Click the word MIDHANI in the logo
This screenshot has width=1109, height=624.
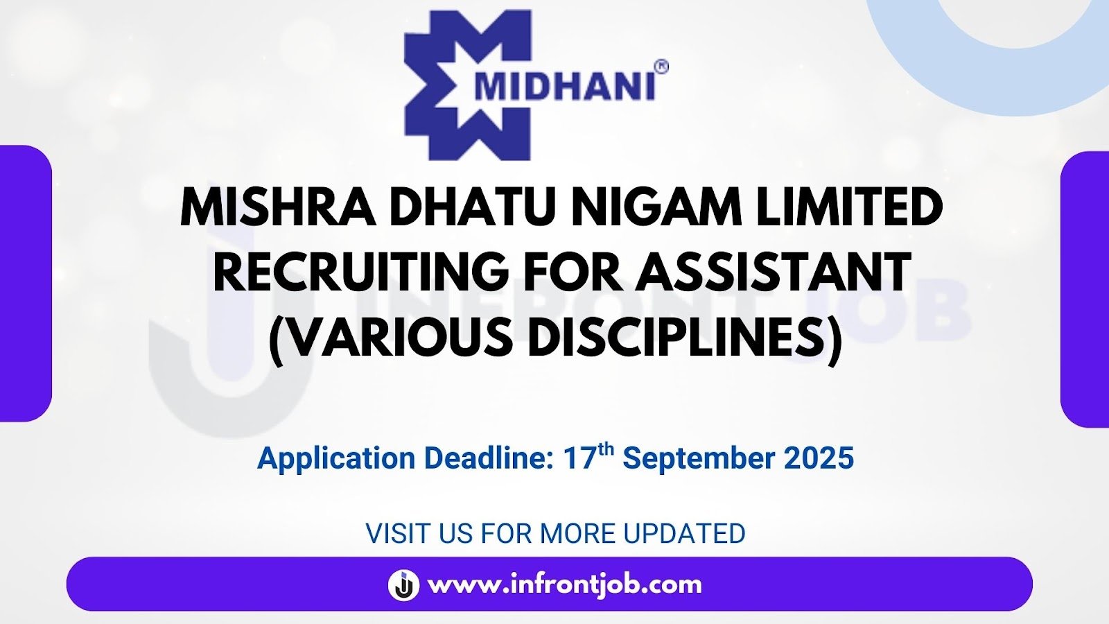[x=564, y=87]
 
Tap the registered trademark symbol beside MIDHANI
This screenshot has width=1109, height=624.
[x=661, y=67]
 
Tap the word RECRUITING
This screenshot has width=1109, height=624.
[x=361, y=272]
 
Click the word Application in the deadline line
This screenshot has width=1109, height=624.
[x=336, y=459]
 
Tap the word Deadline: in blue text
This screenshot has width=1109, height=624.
[x=489, y=458]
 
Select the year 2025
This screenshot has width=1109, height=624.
[x=819, y=458]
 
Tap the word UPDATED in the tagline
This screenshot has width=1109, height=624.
[x=684, y=533]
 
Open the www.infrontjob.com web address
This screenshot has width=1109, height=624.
[x=565, y=585]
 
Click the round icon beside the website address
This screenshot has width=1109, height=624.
[x=403, y=585]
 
